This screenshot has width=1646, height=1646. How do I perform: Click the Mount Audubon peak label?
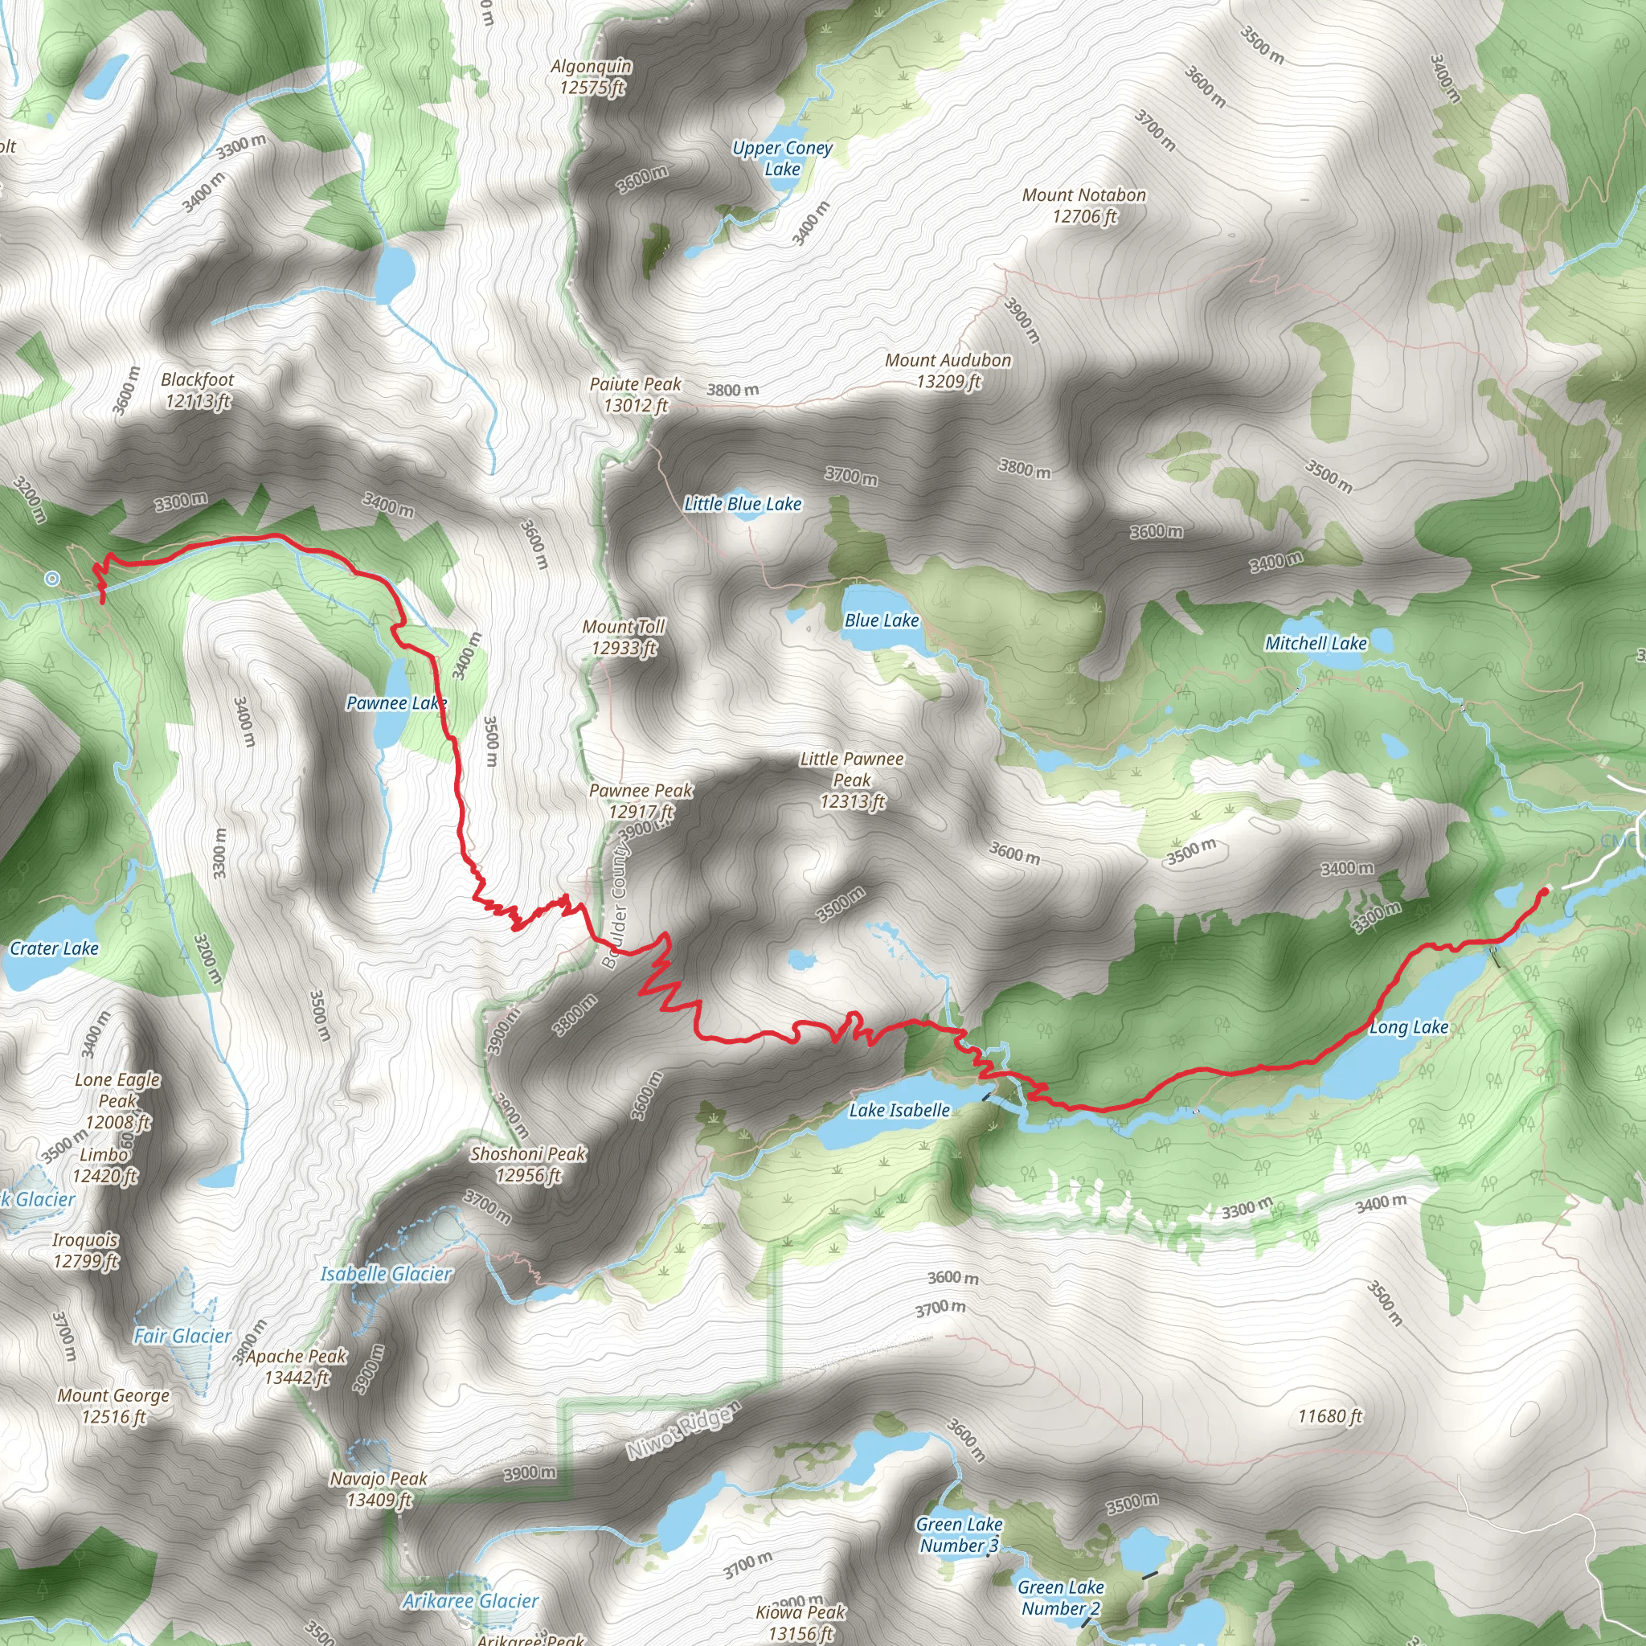pyautogui.click(x=948, y=371)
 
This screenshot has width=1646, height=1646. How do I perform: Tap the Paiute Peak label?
pyautogui.click(x=636, y=395)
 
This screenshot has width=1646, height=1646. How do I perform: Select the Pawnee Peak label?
pyautogui.click(x=641, y=800)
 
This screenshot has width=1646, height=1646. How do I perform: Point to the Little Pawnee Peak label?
pyautogui.click(x=852, y=780)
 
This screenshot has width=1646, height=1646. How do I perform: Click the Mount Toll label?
pyautogui.click(x=624, y=637)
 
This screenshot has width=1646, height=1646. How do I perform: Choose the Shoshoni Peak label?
pyautogui.click(x=528, y=1164)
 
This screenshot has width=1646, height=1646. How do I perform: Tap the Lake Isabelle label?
pyautogui.click(x=899, y=1110)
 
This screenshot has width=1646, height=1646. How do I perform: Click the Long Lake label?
pyautogui.click(x=1408, y=1027)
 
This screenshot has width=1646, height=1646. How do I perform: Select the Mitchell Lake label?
pyautogui.click(x=1316, y=643)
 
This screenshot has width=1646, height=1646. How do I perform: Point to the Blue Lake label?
pyautogui.click(x=881, y=620)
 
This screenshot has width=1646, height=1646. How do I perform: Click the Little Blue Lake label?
pyautogui.click(x=743, y=503)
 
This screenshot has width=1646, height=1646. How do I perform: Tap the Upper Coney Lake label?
pyautogui.click(x=782, y=158)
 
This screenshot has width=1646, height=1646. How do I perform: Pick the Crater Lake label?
pyautogui.click(x=54, y=948)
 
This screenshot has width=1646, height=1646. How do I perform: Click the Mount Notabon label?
pyautogui.click(x=1083, y=205)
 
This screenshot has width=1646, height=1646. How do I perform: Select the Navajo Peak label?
pyautogui.click(x=379, y=1488)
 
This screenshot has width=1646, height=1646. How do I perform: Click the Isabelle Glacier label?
pyautogui.click(x=386, y=1274)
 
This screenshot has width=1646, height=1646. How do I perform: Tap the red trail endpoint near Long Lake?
pyautogui.click(x=1544, y=892)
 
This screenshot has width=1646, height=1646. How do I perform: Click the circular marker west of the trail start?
pyautogui.click(x=52, y=579)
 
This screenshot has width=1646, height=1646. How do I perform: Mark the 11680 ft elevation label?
pyautogui.click(x=1330, y=1416)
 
